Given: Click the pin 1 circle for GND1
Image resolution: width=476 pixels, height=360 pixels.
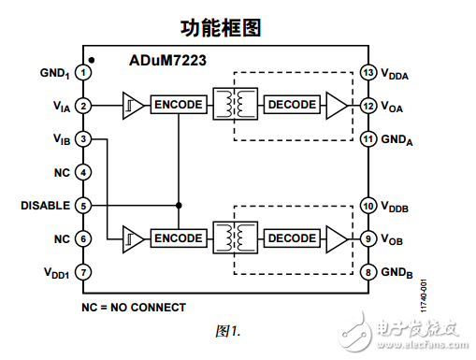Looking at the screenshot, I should [x=84, y=71].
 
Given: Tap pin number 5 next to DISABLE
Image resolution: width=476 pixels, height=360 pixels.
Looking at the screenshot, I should [x=84, y=206].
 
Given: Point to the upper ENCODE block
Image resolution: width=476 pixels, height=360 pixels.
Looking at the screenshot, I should [x=178, y=105].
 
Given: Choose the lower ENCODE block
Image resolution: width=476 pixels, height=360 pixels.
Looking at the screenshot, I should [x=178, y=238].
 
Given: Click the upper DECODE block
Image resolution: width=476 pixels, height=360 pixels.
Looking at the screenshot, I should [x=292, y=105].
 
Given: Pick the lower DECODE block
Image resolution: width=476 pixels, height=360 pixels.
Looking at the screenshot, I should [x=292, y=238].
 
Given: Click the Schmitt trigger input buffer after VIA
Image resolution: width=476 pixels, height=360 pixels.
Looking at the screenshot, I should [x=132, y=105].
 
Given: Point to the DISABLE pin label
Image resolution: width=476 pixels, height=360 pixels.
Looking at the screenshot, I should [x=45, y=206].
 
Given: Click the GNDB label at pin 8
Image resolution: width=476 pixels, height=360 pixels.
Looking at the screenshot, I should [x=397, y=273].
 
